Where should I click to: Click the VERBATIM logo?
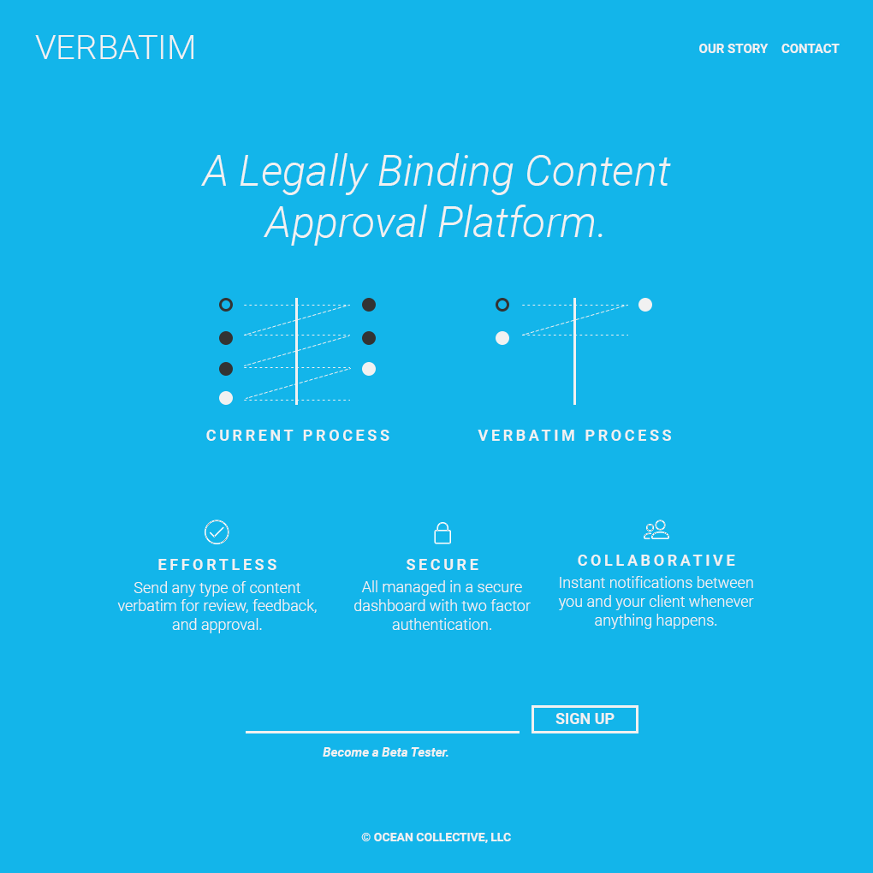click(116, 48)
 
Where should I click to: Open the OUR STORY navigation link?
click(733, 49)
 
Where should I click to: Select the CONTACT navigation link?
click(810, 49)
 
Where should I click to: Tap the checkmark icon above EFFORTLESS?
click(217, 532)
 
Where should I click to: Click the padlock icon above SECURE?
click(442, 532)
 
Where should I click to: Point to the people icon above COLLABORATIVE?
click(656, 530)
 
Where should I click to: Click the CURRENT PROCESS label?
click(299, 436)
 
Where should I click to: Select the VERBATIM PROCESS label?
click(575, 436)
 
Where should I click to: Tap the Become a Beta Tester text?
click(385, 752)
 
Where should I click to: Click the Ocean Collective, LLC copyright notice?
click(436, 837)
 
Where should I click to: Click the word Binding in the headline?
click(445, 171)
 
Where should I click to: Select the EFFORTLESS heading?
click(218, 565)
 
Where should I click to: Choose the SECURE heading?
click(442, 565)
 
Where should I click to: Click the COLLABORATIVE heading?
click(656, 561)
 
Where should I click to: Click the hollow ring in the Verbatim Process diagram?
click(502, 305)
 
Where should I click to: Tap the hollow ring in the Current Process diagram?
click(226, 305)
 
